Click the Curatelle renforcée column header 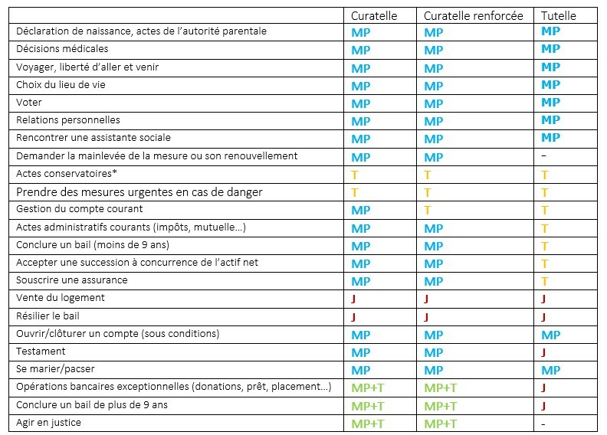473,16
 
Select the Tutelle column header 558,16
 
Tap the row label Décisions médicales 62,49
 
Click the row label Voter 28,103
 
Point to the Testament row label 41,352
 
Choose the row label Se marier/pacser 55,369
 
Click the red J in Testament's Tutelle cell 543,352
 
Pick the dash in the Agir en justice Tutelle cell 543,424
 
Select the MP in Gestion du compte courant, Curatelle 360,211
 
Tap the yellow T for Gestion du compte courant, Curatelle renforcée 428,211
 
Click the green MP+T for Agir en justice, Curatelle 367,424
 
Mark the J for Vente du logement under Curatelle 353,299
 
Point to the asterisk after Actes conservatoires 115,172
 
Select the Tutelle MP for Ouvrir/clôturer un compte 550,335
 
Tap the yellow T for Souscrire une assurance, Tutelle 545,282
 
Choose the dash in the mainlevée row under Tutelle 543,155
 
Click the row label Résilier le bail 48,316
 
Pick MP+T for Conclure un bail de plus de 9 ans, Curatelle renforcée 440,407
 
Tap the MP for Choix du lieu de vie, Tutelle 550,85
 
